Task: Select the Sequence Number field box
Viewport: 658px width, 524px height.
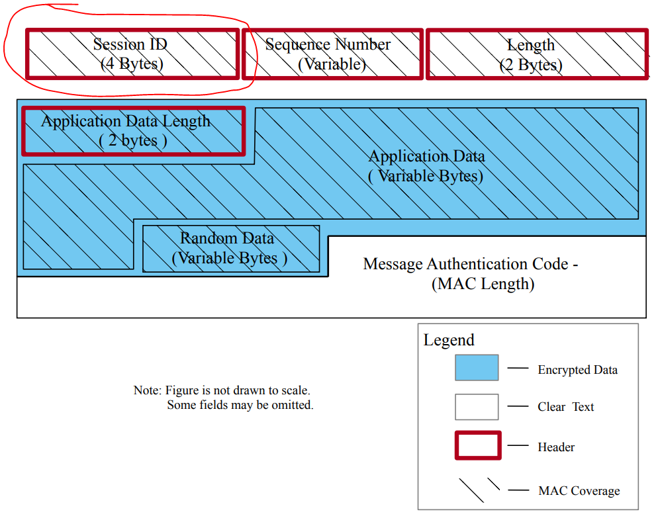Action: coord(332,54)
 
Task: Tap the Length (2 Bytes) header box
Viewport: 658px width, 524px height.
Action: coord(536,54)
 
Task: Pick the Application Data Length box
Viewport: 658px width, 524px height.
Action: coord(133,131)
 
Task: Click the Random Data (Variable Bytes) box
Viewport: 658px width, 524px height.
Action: coord(231,248)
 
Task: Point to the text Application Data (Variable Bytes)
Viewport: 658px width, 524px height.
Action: coord(426,166)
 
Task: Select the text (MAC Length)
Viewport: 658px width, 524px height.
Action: coord(482,284)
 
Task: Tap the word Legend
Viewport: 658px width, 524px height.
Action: coord(449,340)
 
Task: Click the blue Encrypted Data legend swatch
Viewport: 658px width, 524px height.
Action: coord(477,367)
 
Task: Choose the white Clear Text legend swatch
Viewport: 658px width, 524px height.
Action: coord(477,407)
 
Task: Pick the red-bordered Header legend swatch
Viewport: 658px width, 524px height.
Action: coord(477,446)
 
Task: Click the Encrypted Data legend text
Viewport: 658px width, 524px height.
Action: coord(577,370)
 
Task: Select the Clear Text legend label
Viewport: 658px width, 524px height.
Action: coord(565,407)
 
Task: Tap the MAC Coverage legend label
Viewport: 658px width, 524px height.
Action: coord(579,491)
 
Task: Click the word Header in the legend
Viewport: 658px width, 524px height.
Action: coord(556,447)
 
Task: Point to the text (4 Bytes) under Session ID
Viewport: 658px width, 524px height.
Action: coord(132,64)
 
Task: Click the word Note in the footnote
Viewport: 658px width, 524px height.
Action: coord(146,390)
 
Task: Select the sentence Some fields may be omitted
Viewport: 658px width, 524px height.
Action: coord(240,404)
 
